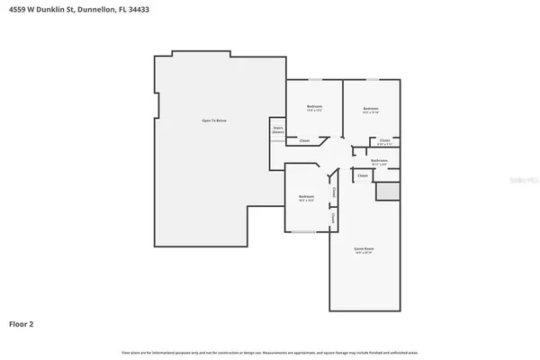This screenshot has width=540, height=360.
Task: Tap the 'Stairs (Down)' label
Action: pyautogui.click(x=278, y=130)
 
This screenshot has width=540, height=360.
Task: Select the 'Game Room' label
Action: pyautogui.click(x=363, y=248)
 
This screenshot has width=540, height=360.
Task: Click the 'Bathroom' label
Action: pyautogui.click(x=378, y=160)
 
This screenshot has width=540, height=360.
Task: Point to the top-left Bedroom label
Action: pyautogui.click(x=314, y=108)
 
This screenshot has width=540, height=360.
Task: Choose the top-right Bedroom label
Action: pyautogui.click(x=371, y=109)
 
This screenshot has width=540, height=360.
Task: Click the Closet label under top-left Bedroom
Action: pyautogui.click(x=304, y=140)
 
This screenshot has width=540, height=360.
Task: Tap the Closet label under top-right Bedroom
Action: pyautogui.click(x=384, y=139)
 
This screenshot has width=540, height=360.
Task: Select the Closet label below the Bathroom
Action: pyautogui.click(x=363, y=175)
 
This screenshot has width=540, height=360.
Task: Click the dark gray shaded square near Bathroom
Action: pyautogui.click(x=387, y=191)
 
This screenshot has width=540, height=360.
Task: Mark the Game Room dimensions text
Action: pyautogui.click(x=363, y=254)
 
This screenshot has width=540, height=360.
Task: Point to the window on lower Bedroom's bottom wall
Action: pyautogui.click(x=304, y=232)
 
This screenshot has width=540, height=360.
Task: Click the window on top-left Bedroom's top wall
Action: pyautogui.click(x=314, y=80)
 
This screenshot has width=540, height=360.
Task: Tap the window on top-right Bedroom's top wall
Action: pyautogui.click(x=371, y=80)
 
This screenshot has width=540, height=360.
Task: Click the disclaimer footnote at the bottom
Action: pyautogui.click(x=270, y=351)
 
